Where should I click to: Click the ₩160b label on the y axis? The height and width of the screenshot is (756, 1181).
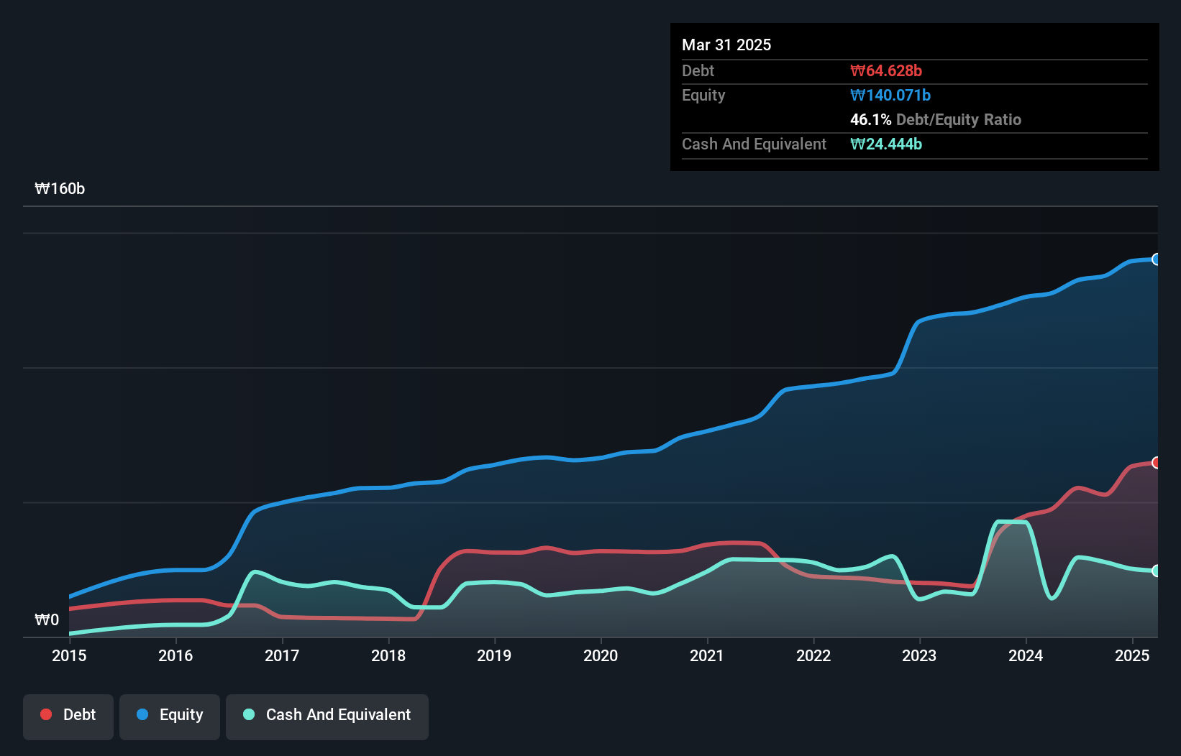(60, 188)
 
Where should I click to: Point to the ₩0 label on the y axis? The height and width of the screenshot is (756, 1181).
(47, 619)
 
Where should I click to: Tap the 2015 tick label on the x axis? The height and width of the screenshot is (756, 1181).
(69, 655)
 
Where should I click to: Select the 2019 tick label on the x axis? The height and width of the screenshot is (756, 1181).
(494, 655)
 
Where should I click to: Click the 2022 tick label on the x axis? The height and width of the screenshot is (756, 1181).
(813, 655)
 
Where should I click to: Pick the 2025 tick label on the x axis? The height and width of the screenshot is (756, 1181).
(1132, 655)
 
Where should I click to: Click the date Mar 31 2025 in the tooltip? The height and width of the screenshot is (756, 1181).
(726, 45)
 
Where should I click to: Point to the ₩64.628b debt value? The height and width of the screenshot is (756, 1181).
(886, 70)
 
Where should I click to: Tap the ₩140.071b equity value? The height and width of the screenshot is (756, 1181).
(890, 95)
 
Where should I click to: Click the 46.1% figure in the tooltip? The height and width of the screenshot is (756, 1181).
(870, 119)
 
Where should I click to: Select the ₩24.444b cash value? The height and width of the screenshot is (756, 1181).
(886, 144)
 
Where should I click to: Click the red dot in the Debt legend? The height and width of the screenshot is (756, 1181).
(46, 714)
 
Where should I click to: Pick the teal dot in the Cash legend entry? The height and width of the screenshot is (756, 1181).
(249, 714)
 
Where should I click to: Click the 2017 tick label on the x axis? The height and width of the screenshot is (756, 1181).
(282, 655)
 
